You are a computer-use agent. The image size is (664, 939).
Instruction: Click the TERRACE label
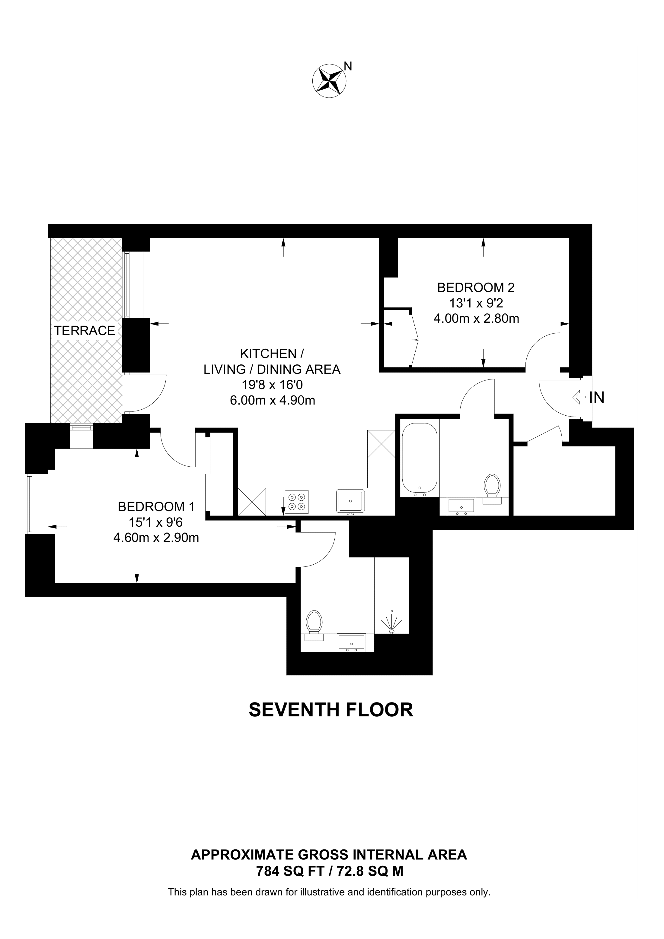click(85, 331)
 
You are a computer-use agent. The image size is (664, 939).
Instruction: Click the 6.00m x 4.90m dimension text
click(273, 400)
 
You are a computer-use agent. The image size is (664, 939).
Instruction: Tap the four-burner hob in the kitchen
click(297, 501)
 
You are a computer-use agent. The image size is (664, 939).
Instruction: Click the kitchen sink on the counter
click(350, 501)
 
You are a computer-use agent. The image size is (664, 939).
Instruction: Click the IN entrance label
click(597, 398)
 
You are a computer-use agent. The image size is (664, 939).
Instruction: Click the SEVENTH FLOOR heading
click(331, 709)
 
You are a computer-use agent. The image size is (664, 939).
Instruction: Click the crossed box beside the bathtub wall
click(381, 444)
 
